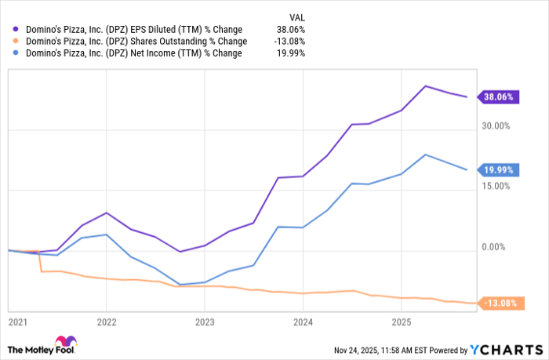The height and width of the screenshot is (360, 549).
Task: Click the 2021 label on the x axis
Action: (16, 322)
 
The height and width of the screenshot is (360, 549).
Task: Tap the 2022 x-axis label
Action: (107, 322)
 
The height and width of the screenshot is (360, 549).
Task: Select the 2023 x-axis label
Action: (205, 322)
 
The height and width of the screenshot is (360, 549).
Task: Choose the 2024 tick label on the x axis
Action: (303, 322)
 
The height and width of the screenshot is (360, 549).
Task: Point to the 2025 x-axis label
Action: (401, 322)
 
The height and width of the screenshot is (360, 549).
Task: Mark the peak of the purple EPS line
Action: (425, 85)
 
